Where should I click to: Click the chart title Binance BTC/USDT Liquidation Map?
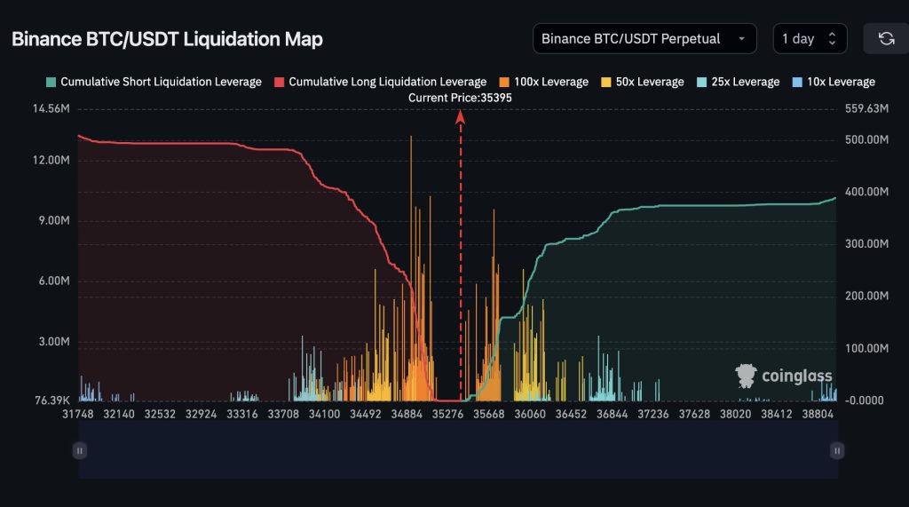point(167,39)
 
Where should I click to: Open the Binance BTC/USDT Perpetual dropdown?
point(644,39)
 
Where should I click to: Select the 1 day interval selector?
point(809,39)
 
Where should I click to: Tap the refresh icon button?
point(885,39)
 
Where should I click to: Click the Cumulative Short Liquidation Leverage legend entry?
point(154,82)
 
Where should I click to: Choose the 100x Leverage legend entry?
point(543,82)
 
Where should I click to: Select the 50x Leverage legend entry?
point(642,82)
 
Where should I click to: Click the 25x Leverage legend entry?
point(738,82)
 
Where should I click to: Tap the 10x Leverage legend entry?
point(833,82)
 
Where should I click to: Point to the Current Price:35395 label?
point(460,98)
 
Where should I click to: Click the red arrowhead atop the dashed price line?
point(461,117)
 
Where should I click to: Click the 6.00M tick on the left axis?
point(51,281)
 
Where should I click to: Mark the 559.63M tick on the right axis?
point(866,109)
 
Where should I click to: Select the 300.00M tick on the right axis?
point(866,243)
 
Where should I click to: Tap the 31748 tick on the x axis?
point(79,414)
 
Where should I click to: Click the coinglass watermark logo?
point(784,376)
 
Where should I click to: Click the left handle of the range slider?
point(80,451)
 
